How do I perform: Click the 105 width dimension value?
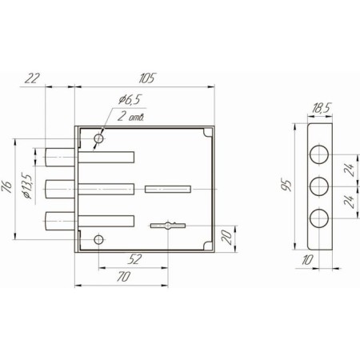[x=146, y=78]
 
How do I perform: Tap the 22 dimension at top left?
[x=32, y=78]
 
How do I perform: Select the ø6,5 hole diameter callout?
[x=129, y=99]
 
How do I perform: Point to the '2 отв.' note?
[x=131, y=117]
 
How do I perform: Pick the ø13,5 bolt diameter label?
[x=28, y=186]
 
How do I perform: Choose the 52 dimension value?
[x=134, y=259]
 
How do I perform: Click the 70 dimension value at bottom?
[x=124, y=276]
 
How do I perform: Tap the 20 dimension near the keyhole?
[x=226, y=238]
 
